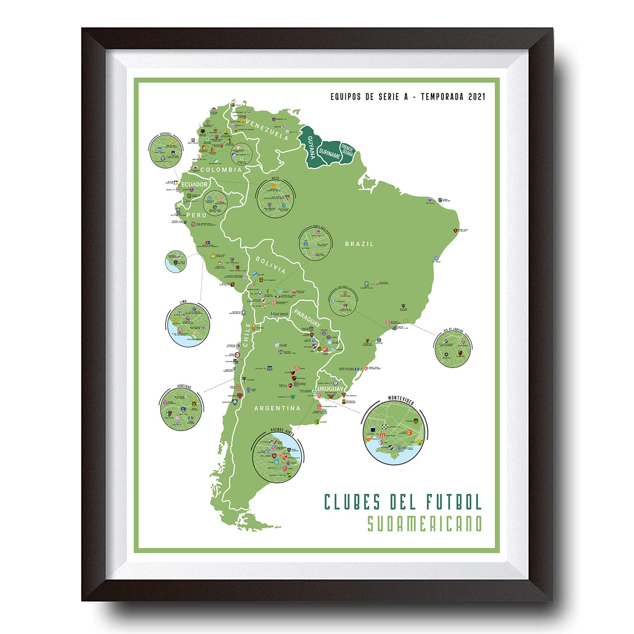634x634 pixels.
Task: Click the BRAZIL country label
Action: point(359,244)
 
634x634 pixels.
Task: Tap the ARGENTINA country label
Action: point(277,408)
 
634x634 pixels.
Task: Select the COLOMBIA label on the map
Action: point(221,170)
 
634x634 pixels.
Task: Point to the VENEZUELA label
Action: point(267,130)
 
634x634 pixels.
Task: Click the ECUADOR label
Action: point(194,185)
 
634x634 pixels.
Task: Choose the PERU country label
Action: point(197,215)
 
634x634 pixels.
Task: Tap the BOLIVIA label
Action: point(271,265)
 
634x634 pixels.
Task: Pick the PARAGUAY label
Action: point(307,318)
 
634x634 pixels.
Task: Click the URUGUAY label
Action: point(330,389)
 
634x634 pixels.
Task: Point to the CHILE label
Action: point(247,335)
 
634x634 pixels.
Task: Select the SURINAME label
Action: point(330,154)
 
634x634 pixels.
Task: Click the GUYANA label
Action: point(311,147)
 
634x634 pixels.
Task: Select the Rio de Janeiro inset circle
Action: point(453,349)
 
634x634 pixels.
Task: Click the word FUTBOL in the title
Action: point(454,502)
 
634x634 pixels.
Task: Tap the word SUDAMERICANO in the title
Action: point(424,523)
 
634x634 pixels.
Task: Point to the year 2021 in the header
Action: point(477,97)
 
